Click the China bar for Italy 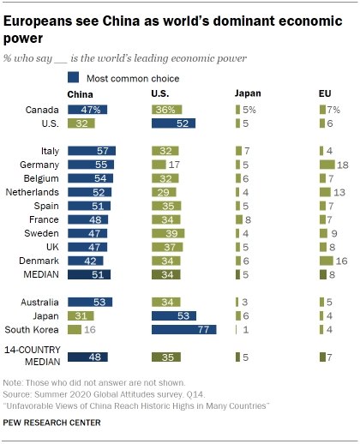92,150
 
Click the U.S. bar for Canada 167,110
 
